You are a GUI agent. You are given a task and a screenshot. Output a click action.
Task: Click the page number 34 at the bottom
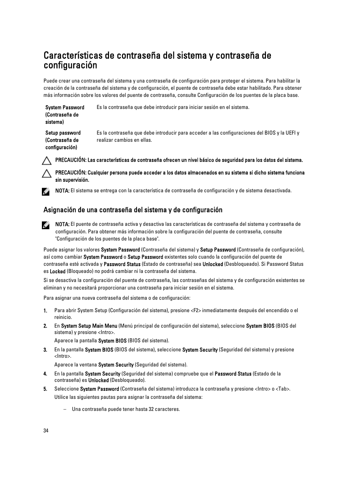coord(46,431)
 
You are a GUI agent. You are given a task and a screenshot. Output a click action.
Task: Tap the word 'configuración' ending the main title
coord(70,66)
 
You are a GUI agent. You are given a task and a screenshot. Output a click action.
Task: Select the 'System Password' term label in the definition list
coord(65,107)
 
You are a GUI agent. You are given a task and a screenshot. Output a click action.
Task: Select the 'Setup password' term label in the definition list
coord(63,133)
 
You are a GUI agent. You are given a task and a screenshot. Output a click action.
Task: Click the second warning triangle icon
coord(47,173)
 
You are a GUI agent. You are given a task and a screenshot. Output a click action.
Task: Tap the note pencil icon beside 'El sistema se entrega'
coord(46,191)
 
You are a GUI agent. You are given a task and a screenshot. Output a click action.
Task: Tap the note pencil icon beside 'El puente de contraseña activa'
coord(46,225)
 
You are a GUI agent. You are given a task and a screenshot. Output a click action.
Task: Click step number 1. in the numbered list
coord(45,311)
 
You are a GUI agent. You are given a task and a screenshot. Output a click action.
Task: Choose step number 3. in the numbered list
coord(45,350)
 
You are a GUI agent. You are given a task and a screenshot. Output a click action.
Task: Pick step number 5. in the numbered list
coord(45,389)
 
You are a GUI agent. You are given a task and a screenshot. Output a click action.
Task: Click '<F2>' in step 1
coord(196,311)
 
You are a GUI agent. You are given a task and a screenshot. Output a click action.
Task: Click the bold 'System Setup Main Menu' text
coord(89,326)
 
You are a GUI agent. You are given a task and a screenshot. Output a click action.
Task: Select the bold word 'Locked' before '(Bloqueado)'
coord(57,271)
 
